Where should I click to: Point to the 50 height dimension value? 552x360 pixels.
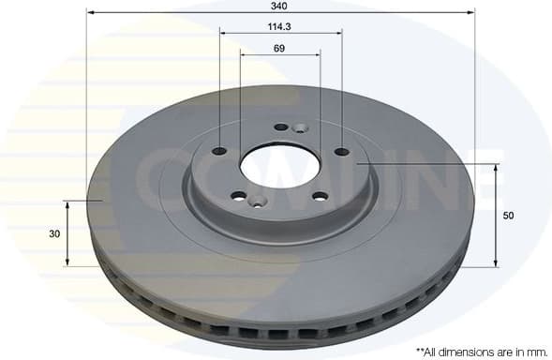coord(509,216)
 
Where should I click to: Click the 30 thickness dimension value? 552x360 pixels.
coord(54,232)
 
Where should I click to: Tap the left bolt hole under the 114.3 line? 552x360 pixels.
coord(220,152)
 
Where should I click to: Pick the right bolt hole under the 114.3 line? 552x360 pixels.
coord(341,151)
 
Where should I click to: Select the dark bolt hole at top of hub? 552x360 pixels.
coord(281,127)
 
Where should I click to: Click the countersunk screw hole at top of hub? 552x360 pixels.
coord(300,128)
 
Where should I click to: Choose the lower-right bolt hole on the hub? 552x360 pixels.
coord(320,196)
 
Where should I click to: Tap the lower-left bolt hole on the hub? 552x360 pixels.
coord(238,196)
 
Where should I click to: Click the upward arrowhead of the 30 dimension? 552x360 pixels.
coord(67,202)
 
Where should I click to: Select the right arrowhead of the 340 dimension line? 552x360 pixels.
coord(471,13)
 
